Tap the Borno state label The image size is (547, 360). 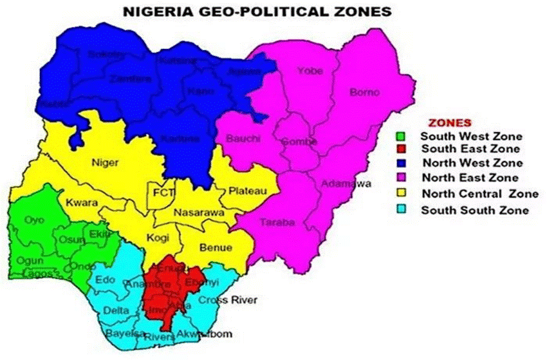(x=361, y=92)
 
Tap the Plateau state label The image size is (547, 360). (x=245, y=191)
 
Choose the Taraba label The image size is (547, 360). (x=277, y=223)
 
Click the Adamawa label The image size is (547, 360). (x=346, y=184)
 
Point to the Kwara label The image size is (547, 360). (x=81, y=202)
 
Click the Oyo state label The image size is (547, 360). (x=33, y=220)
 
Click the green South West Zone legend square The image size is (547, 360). (x=401, y=136)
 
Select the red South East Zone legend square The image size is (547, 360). (x=401, y=149)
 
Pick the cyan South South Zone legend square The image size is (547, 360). (x=401, y=210)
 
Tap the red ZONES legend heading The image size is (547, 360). (x=450, y=122)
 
